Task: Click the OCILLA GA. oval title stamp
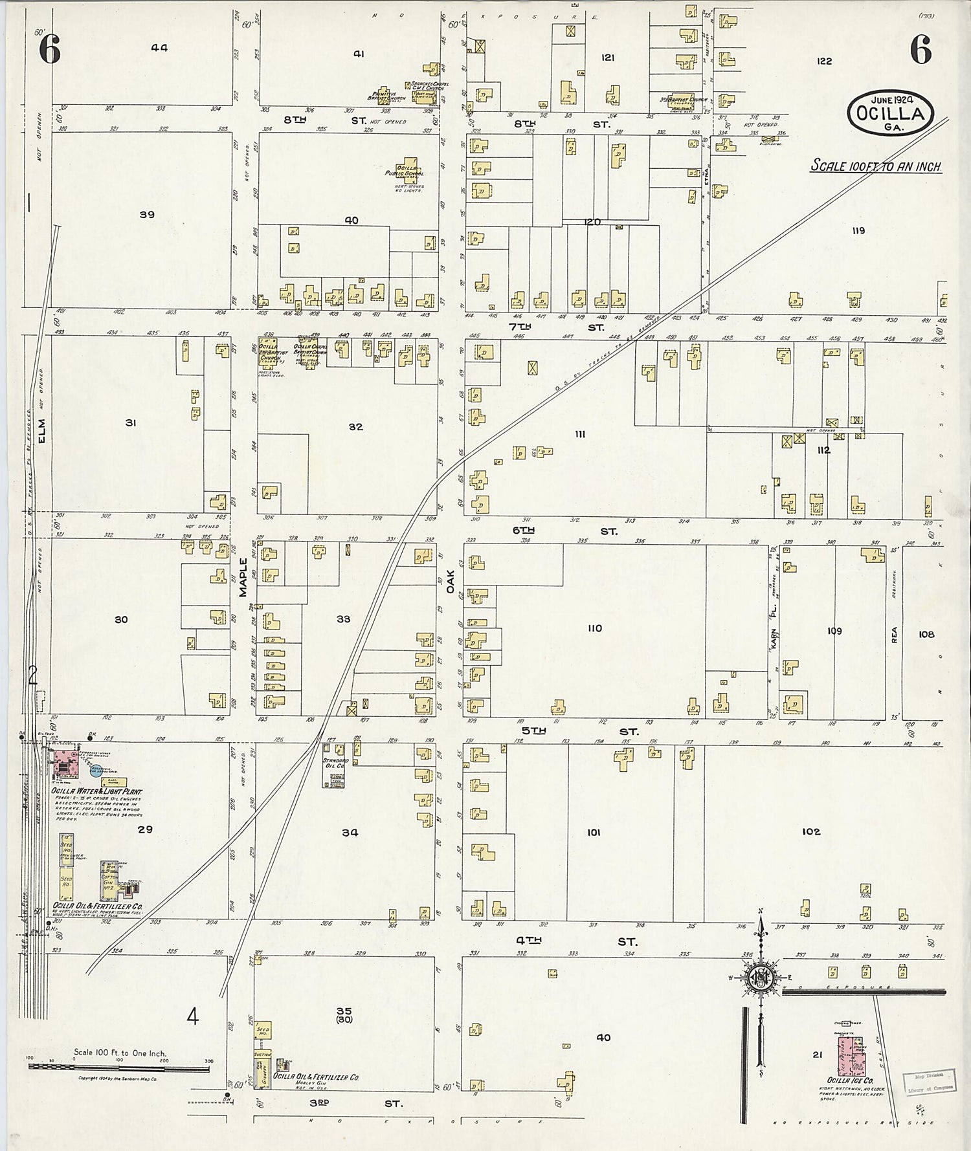pos(890,113)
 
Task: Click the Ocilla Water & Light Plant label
pos(97,792)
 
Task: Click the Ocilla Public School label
pos(410,171)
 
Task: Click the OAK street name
pos(451,580)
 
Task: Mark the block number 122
pos(823,61)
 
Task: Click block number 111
pos(580,434)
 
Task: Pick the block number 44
pos(159,47)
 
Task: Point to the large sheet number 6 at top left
pos(50,50)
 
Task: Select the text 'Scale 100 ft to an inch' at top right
pos(876,166)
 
